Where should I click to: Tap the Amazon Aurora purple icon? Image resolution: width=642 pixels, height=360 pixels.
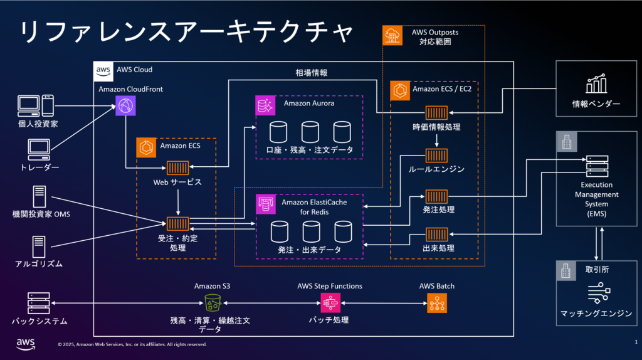(266, 105)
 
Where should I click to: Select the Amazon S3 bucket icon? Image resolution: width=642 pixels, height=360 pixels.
(213, 303)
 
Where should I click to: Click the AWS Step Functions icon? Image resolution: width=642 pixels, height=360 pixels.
(330, 303)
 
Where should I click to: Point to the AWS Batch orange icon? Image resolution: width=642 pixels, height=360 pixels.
(437, 303)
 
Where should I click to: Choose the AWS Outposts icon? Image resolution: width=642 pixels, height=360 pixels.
(393, 35)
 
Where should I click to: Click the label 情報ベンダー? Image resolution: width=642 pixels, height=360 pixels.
(596, 103)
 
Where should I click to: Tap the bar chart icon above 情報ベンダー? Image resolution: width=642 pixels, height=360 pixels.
(596, 83)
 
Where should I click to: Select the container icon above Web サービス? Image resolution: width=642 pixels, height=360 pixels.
(178, 167)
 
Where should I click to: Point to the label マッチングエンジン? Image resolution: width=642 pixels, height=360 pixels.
(596, 313)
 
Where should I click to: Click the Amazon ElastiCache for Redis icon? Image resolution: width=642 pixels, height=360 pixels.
(266, 204)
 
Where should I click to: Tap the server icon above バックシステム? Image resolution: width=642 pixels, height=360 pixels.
(39, 303)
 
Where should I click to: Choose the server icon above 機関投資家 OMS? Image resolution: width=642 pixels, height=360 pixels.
(39, 198)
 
